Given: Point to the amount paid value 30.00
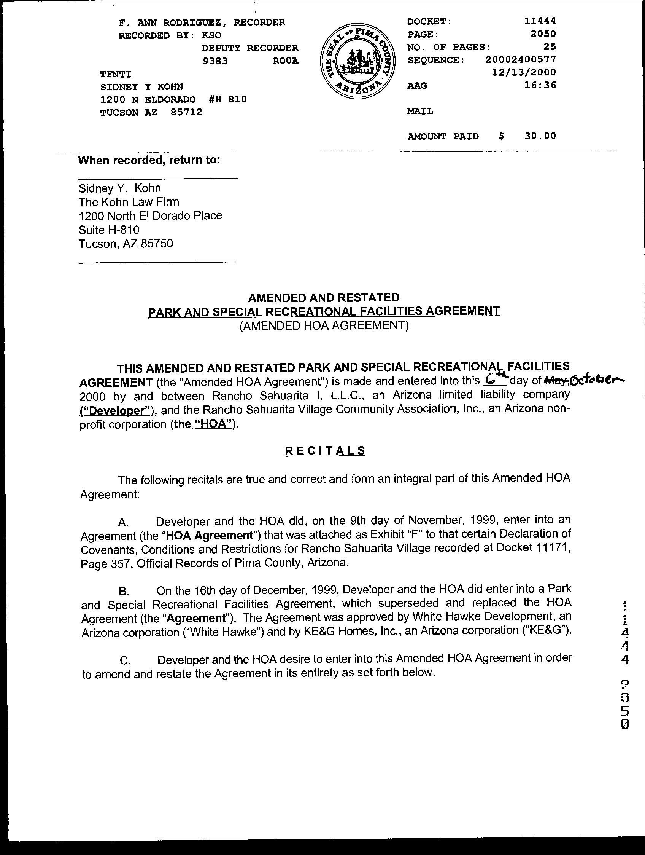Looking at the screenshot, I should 540,136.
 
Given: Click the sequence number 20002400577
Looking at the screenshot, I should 521,59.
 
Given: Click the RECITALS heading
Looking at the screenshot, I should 325,451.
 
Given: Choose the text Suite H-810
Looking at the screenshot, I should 109,230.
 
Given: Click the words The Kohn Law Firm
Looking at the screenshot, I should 129,202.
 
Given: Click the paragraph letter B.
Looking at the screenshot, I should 124,592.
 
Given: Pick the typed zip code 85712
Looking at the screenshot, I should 186,112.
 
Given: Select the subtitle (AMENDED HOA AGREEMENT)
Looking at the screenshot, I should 324,325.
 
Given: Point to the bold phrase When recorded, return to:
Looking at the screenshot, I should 149,160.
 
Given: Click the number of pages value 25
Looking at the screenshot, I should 550,47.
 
